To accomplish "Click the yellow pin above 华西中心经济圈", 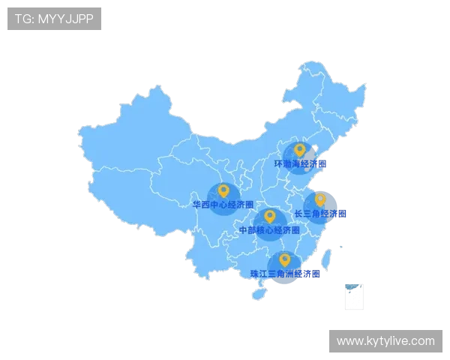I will pos(223,191).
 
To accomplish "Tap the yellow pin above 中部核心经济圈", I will pos(269,216).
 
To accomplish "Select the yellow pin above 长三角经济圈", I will pos(320,199).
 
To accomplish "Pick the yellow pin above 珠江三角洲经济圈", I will pos(284,259).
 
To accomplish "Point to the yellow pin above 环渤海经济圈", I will pos(299,150).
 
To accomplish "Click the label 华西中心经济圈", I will pos(223,205).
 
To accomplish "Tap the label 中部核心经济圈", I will pos(268,229).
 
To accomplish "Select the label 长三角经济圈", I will pos(320,214).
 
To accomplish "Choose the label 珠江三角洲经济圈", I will pos(285,274).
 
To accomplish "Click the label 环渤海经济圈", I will pos(301,163).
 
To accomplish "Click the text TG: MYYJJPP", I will pos(54,19).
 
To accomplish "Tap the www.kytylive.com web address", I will pos(385,341).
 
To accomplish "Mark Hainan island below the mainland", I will pos(259,294).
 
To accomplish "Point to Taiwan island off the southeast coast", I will pos(327,259).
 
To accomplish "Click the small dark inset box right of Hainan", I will pos(353,296).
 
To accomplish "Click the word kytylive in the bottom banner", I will pos(383,341).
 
